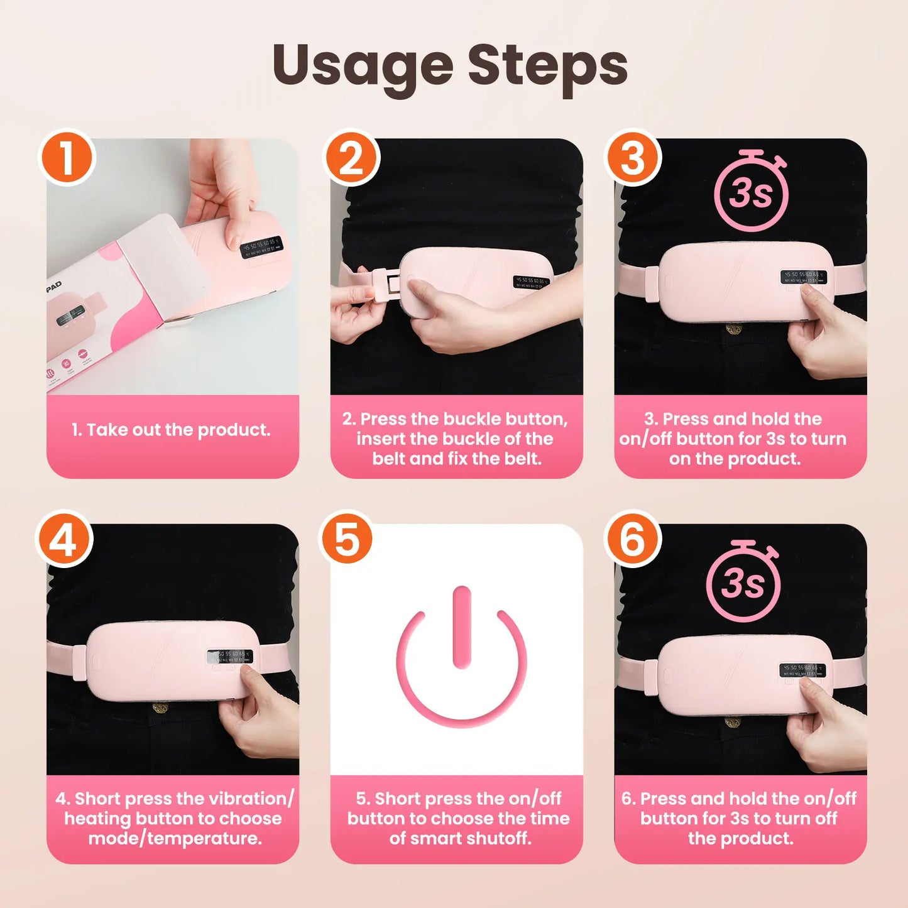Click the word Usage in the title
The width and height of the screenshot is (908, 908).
click(363, 66)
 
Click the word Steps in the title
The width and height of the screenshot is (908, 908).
click(547, 66)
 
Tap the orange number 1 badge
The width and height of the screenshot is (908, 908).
click(67, 157)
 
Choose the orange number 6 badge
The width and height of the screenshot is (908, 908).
click(633, 539)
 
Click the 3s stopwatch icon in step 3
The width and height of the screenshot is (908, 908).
click(751, 192)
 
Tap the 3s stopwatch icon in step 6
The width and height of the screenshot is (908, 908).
click(743, 581)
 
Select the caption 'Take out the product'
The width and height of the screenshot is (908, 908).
click(171, 430)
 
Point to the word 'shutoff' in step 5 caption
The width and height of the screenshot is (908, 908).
click(501, 838)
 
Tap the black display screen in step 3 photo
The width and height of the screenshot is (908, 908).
click(803, 277)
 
